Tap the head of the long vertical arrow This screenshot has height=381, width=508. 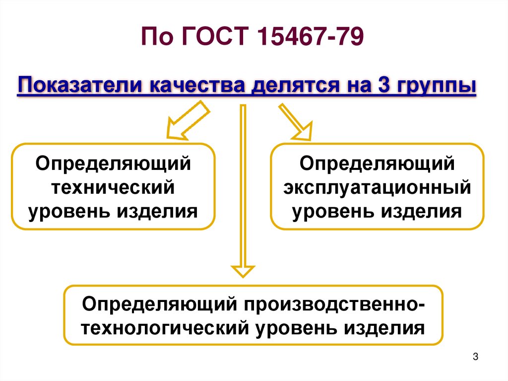coord(243,271)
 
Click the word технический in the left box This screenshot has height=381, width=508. coord(114,188)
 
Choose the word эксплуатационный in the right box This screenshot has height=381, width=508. coord(377,188)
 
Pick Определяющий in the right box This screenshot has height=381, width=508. coord(377,163)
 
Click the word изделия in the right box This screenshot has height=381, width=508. coord(422,212)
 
